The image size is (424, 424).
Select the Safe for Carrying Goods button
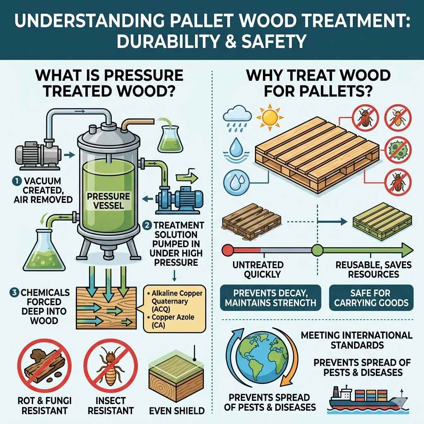tap(371, 297)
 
